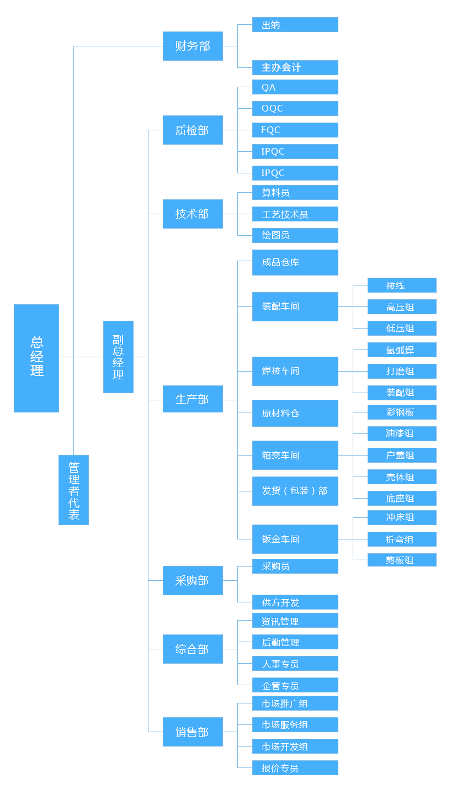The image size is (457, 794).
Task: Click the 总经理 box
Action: pos(36,358)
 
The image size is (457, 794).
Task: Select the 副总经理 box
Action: pos(118,357)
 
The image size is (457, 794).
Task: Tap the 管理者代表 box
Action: pos(73,490)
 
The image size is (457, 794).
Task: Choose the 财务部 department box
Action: pos(193,46)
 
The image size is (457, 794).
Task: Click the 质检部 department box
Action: pos(193,130)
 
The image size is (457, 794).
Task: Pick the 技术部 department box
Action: pos(193,214)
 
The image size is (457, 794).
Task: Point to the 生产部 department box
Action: pos(193,399)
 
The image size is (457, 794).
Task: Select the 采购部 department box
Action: pos(193,580)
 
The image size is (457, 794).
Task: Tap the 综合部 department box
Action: pos(193,649)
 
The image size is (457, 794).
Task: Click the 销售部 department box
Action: pos(193,732)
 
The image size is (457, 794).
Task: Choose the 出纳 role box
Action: pos(295,24)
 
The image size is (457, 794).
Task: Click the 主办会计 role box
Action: pos(295,67)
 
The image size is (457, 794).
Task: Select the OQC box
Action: pos(295,108)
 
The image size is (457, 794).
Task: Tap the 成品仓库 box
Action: pos(295,262)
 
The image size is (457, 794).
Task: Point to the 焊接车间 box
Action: pos(295,371)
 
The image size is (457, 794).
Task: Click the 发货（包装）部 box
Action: pos(295,491)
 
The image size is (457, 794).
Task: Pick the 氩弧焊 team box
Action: pos(402,350)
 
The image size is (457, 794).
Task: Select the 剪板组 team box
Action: pos(402,560)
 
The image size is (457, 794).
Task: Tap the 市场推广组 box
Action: pos(295,703)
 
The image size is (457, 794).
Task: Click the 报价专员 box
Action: pos(295,768)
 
